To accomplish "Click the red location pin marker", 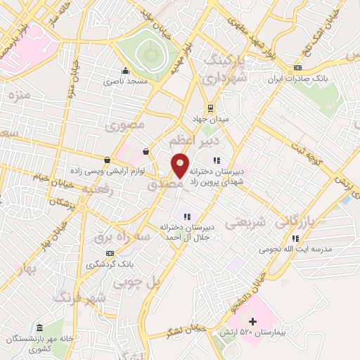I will point(180,165).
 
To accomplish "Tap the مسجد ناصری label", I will point(126,82).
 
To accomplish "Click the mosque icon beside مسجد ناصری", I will point(125,70).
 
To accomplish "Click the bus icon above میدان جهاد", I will point(209,108).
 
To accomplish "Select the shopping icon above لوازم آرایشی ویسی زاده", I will point(106,160).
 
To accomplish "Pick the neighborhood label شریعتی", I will point(245,223).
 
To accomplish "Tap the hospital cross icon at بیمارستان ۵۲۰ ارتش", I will point(252,321).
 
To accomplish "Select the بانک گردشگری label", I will point(108,264).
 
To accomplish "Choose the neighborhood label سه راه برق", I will point(123,238).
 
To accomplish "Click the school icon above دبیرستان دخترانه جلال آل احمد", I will point(187,216).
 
